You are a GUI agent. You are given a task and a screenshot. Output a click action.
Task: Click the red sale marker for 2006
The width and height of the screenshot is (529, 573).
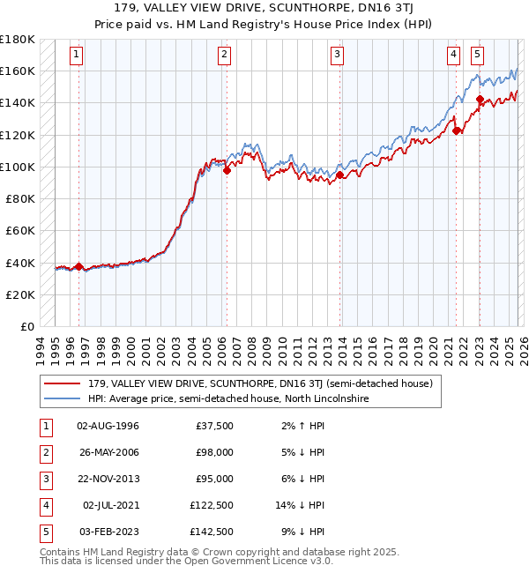[x=227, y=171]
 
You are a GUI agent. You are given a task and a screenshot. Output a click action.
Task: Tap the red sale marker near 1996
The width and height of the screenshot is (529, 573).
[x=78, y=266]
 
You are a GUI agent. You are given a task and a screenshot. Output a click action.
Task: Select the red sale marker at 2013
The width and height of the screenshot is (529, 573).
[x=339, y=175]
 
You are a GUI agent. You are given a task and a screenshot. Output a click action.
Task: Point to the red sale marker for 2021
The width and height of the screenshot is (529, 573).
[x=456, y=131]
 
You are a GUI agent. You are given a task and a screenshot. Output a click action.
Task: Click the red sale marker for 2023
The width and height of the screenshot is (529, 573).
[x=480, y=100]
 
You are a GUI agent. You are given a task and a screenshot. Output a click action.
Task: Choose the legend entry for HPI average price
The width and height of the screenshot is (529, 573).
[x=227, y=399]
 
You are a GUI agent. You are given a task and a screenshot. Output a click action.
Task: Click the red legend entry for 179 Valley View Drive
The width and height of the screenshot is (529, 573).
[x=259, y=384]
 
